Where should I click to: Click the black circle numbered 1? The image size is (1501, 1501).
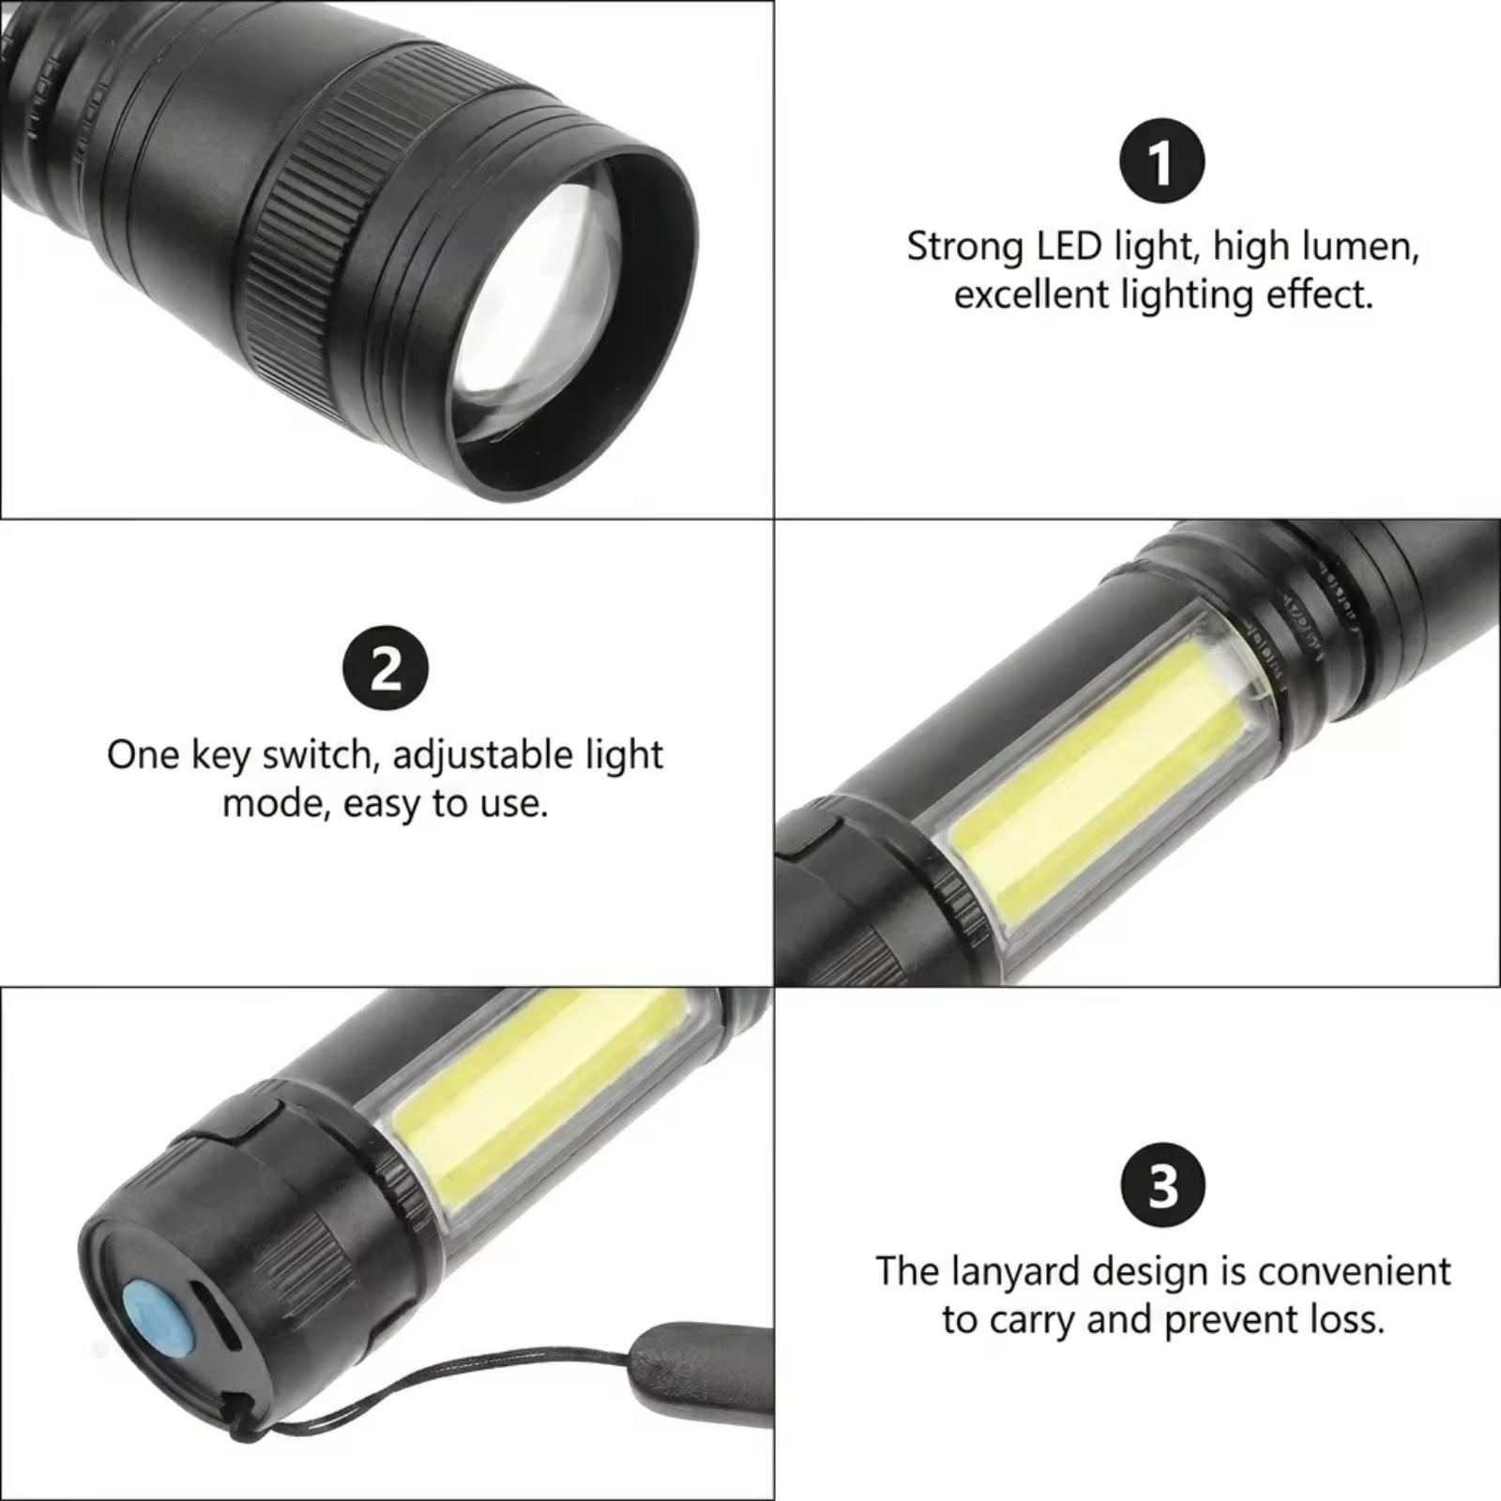(x=1162, y=161)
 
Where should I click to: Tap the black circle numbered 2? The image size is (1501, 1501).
(x=387, y=669)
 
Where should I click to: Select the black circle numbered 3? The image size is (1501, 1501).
(x=1162, y=1185)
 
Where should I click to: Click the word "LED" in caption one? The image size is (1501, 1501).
(x=1069, y=247)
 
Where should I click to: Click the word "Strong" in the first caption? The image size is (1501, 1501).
(x=966, y=249)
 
